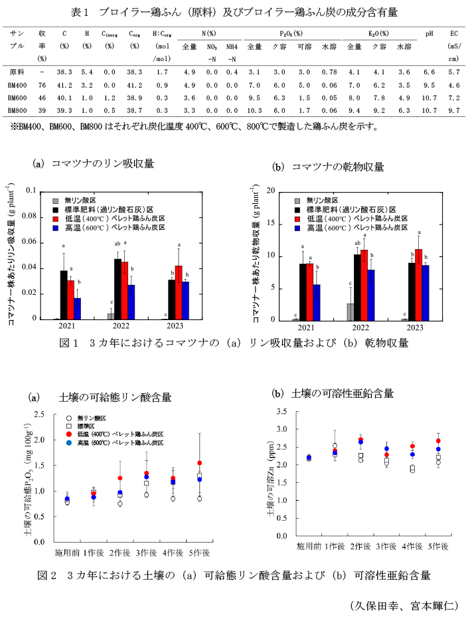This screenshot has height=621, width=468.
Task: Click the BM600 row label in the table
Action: (x=18, y=97)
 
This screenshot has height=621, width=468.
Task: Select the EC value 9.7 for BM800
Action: (x=453, y=110)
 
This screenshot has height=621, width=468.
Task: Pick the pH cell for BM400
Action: (x=429, y=84)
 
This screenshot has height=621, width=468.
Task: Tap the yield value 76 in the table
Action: (x=42, y=84)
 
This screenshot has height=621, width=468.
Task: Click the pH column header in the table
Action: (x=429, y=33)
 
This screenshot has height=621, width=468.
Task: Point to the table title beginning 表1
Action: (x=235, y=11)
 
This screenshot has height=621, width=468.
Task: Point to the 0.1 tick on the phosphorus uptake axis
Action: (x=31, y=191)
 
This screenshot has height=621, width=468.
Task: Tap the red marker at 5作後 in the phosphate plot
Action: (x=199, y=463)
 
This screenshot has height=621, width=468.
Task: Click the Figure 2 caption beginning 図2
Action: (x=234, y=575)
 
